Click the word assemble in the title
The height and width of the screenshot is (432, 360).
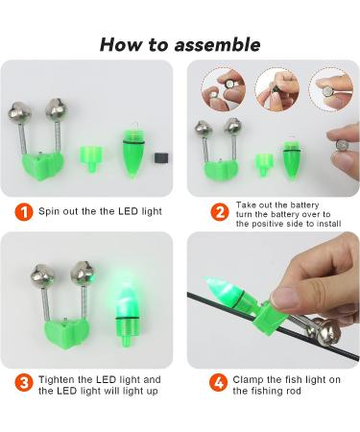(218, 44)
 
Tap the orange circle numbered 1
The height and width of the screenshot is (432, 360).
(24, 212)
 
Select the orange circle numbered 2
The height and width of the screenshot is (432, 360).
(220, 212)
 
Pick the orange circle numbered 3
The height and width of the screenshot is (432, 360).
(24, 383)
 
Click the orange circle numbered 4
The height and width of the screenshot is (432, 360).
(219, 383)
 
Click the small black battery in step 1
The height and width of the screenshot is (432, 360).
(161, 157)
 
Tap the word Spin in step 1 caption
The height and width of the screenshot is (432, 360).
(49, 211)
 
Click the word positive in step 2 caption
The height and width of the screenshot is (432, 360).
(268, 224)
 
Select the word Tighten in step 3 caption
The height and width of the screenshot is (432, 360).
(57, 380)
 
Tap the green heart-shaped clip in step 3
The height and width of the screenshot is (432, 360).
(66, 333)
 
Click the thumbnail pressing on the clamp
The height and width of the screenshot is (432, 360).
(284, 297)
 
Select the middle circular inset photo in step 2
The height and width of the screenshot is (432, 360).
(276, 89)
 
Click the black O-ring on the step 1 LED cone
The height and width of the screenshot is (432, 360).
(133, 142)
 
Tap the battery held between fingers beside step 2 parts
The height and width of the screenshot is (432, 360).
(343, 146)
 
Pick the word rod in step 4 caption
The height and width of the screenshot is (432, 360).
(294, 391)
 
